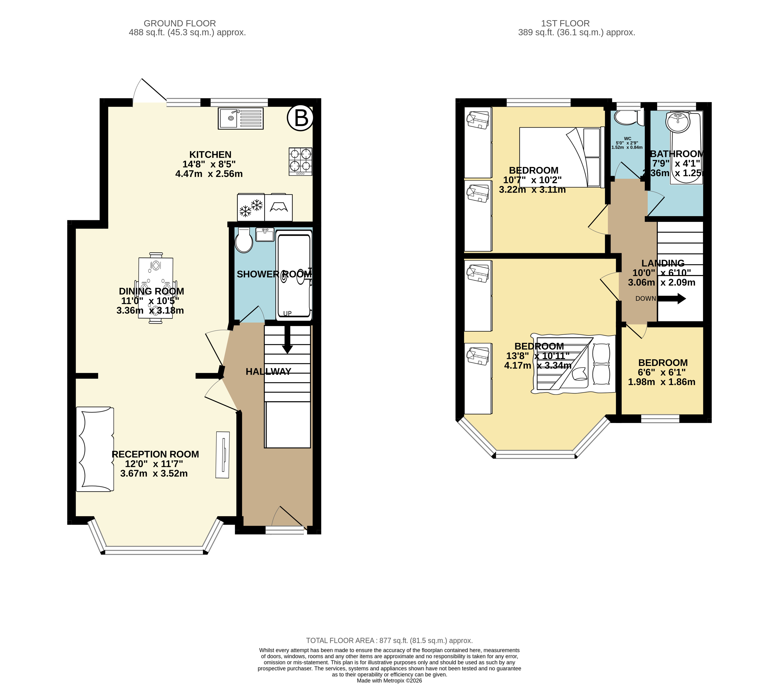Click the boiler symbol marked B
click(x=300, y=118)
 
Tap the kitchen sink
click(x=241, y=119)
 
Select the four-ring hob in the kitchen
click(x=300, y=162)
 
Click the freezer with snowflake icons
click(x=251, y=208)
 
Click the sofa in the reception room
click(x=95, y=449)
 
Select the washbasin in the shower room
click(x=265, y=235)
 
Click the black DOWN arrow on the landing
click(x=671, y=299)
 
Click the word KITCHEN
click(x=210, y=155)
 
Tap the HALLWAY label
click(x=268, y=372)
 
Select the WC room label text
click(x=627, y=139)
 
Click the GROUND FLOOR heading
click(x=180, y=23)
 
